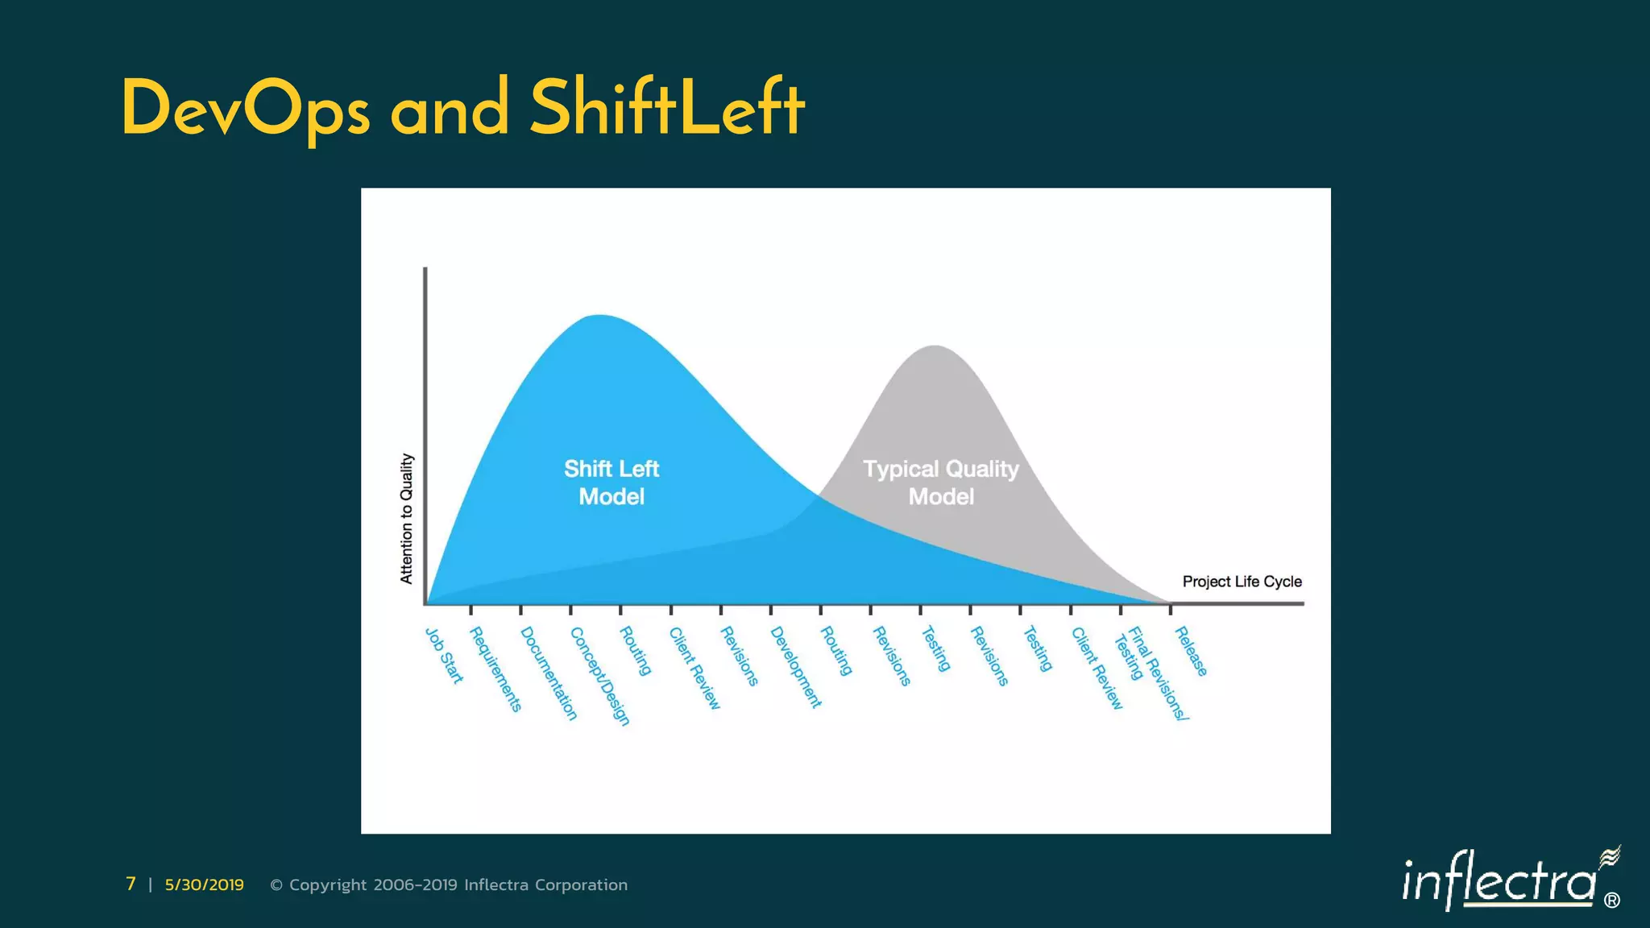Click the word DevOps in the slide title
click(246, 110)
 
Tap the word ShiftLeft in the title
click(667, 108)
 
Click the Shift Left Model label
click(611, 483)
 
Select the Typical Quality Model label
click(941, 483)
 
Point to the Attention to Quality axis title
click(407, 518)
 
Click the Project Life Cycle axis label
click(1242, 582)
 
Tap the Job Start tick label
click(444, 656)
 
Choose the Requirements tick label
click(495, 669)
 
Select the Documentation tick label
click(549, 673)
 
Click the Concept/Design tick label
click(599, 677)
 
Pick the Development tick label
click(796, 668)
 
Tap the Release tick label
click(1191, 652)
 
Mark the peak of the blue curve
click(599, 316)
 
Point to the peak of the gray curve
click(935, 346)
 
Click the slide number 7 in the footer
click(131, 884)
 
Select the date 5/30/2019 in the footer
click(204, 884)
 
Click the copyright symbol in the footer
click(276, 885)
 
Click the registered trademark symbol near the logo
click(1611, 901)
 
